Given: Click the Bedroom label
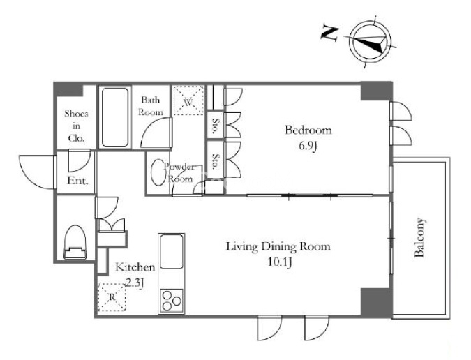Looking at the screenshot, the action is [x=308, y=130].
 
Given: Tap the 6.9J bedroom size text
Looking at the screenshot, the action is [x=308, y=147].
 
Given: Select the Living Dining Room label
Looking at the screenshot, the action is [x=278, y=247].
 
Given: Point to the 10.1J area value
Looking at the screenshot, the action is [x=280, y=262].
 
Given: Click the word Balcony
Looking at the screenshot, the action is [x=419, y=237].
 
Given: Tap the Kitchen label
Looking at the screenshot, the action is [x=135, y=267].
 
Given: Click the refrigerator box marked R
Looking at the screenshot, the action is [x=112, y=297].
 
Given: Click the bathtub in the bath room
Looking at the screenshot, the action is [x=114, y=117].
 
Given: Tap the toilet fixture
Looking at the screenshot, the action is [x=75, y=242].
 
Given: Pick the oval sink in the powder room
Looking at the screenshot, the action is [x=158, y=172].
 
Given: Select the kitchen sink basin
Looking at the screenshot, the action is [x=172, y=252].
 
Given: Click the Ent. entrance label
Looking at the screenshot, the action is [x=77, y=181].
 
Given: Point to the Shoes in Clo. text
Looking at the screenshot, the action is [x=76, y=126].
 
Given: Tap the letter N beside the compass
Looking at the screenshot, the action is [x=329, y=33].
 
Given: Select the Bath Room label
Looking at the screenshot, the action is [x=151, y=106].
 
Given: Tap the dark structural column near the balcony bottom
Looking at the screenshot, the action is [x=376, y=302].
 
